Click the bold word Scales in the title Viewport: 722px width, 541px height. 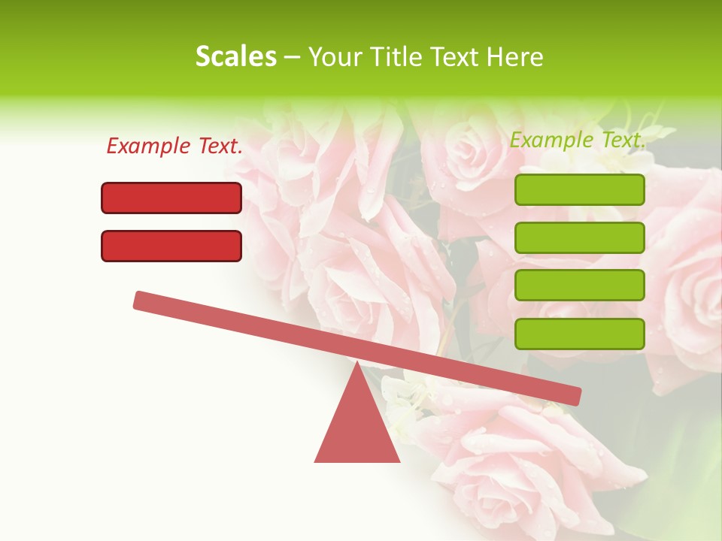point(235,56)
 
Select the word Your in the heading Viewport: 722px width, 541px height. point(335,56)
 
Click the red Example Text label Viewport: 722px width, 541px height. point(174,147)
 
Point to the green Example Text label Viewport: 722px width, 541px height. point(578,140)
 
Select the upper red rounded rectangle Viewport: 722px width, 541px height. point(171,198)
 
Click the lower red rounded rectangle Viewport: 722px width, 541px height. point(171,246)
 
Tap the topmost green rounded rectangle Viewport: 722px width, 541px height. point(579,190)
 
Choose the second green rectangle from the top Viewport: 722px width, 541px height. point(579,237)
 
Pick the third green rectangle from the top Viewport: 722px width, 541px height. point(579,286)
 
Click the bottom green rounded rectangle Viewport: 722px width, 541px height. point(579,334)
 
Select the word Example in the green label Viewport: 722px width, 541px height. point(548,140)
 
